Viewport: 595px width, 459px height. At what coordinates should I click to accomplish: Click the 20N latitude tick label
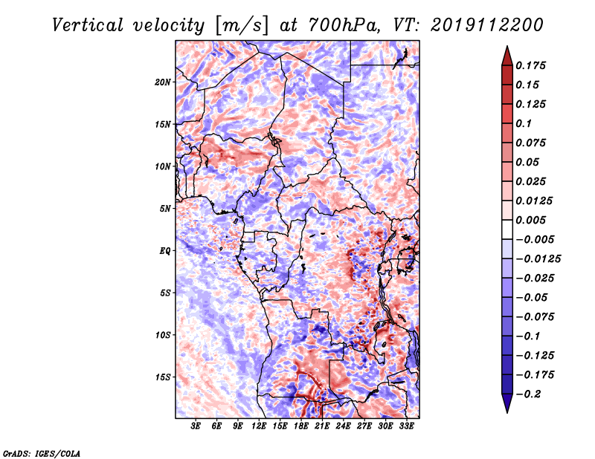(x=163, y=82)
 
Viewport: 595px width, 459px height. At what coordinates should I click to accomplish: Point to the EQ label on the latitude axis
(x=165, y=251)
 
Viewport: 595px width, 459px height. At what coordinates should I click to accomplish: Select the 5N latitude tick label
(x=165, y=209)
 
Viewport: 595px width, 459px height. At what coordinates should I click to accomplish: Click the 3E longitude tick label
(x=196, y=426)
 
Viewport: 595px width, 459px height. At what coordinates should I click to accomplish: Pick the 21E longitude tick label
(x=322, y=426)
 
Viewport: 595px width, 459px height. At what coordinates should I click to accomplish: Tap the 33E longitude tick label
(x=406, y=426)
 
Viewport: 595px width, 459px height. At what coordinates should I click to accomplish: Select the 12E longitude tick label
(x=258, y=426)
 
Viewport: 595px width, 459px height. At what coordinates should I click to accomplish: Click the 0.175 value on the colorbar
(x=530, y=65)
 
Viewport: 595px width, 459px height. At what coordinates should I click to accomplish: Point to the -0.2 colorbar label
(x=528, y=394)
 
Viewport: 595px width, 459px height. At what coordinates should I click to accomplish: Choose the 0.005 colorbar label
(x=530, y=220)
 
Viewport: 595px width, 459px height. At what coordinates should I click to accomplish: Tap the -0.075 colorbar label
(x=535, y=317)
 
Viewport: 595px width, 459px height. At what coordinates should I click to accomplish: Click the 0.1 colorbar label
(x=524, y=123)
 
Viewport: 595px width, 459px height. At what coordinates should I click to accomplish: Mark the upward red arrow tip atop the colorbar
(x=507, y=47)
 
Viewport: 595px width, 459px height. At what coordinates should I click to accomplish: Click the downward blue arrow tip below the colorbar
(x=507, y=412)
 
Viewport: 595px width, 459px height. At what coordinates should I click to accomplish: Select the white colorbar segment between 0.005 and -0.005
(x=507, y=229)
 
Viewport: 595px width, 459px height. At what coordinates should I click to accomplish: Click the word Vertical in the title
(x=88, y=25)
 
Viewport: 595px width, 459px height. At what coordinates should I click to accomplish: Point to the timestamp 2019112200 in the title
(x=487, y=25)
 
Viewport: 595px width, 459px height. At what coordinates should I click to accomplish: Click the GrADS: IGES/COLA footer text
(x=42, y=453)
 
